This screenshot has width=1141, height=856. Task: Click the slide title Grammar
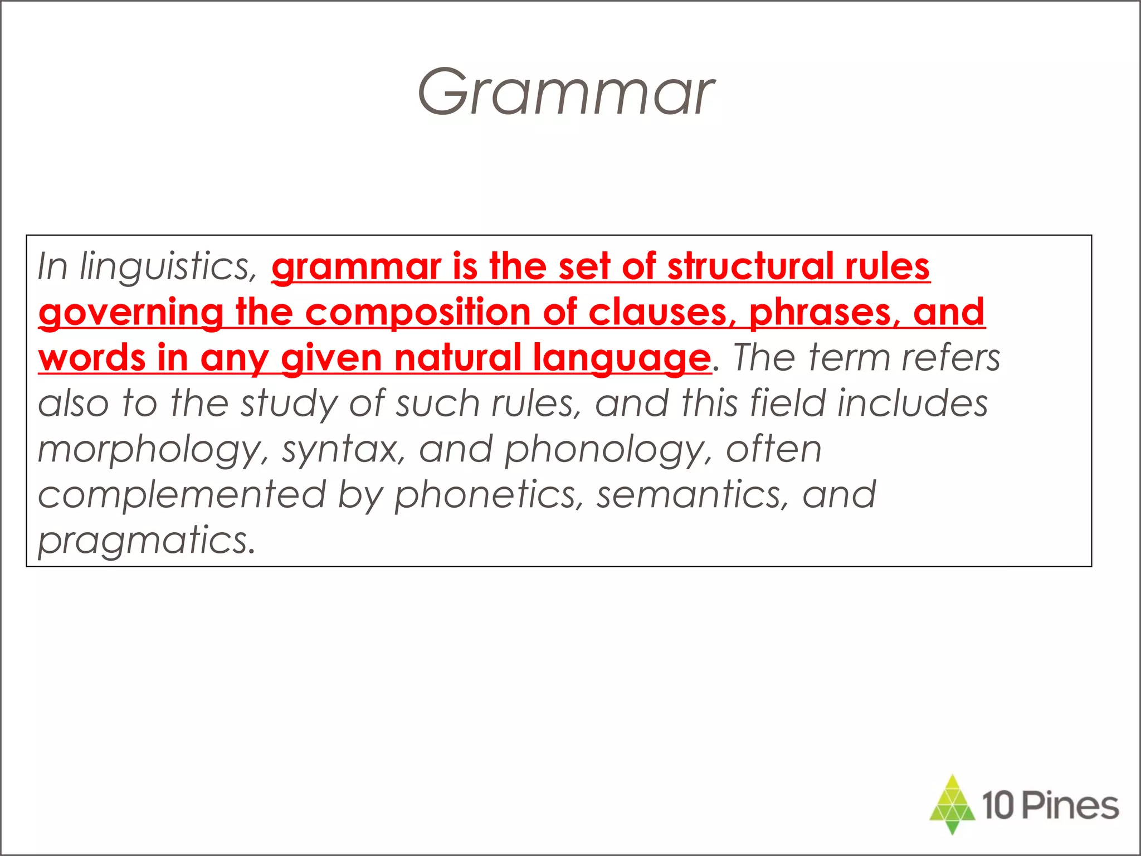point(565,93)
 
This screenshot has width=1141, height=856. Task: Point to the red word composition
point(418,312)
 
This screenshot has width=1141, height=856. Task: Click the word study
point(289,403)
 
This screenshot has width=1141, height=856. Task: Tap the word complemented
point(182,495)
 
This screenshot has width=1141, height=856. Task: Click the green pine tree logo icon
point(952,804)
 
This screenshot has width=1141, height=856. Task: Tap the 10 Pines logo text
point(1050,806)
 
